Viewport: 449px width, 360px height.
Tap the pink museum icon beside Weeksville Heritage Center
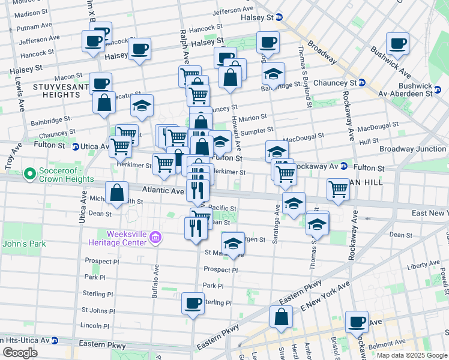coord(155,238)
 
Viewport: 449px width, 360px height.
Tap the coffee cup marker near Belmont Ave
coord(357,322)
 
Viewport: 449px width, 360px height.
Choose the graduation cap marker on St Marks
coord(233,244)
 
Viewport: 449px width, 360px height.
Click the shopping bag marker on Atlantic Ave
coord(117,193)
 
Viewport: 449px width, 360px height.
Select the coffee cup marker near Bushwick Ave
coord(397,43)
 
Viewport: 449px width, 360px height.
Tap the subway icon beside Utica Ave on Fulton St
coord(75,146)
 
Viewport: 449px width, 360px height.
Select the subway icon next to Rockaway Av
coord(343,166)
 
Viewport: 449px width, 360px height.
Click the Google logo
coord(20,353)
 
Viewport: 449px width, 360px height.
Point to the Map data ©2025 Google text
coord(411,355)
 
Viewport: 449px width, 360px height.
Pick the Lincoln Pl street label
coord(94,326)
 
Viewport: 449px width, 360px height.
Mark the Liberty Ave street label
coord(424,265)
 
